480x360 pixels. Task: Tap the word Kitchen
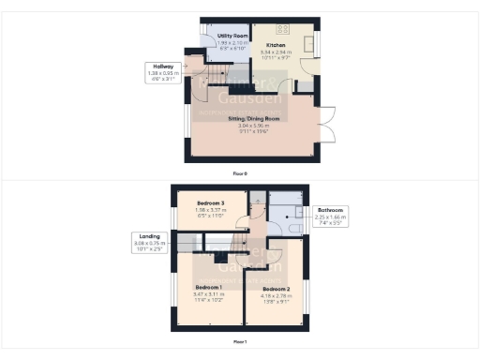(x=276, y=45)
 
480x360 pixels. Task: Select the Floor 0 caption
(x=241, y=172)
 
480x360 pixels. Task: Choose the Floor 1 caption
(x=241, y=342)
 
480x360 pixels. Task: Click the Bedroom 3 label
(x=209, y=202)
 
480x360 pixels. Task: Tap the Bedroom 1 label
(x=207, y=286)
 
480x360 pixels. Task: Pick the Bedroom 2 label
(x=276, y=289)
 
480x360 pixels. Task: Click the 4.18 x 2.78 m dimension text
(x=276, y=295)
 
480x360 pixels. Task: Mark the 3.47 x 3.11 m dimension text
(x=207, y=292)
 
